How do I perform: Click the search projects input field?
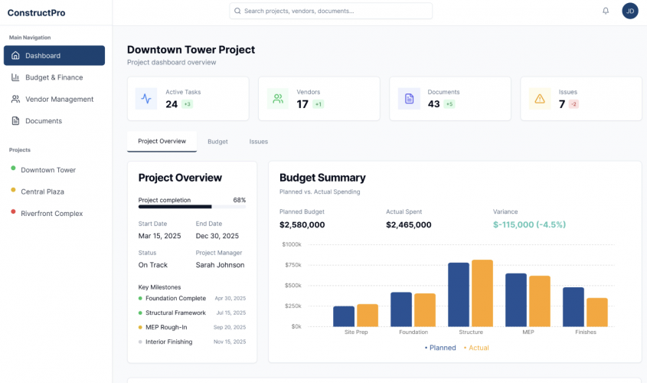pos(331,11)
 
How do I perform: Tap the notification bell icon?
pos(606,11)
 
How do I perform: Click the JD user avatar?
pos(629,11)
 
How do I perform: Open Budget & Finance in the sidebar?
pos(54,77)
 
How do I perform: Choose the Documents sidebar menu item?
pos(44,121)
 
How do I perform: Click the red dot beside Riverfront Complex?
pos(13,213)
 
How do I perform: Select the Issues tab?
pos(258,142)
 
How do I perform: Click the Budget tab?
pos(217,142)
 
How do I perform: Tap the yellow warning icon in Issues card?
pos(540,98)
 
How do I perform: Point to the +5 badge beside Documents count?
pos(449,104)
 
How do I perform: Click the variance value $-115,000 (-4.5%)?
pos(529,224)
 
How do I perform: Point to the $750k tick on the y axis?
pos(292,265)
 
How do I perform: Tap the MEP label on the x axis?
pos(528,332)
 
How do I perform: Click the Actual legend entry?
pos(476,348)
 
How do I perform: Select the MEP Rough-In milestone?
pos(166,327)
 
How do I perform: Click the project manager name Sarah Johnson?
pos(220,265)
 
